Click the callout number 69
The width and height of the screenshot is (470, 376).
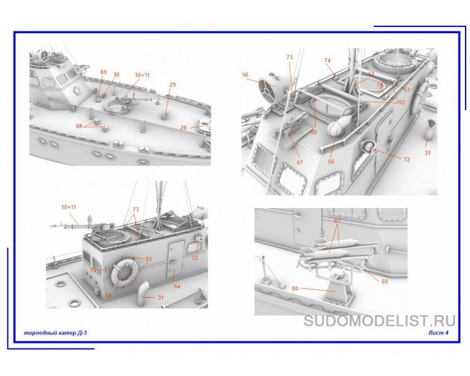click(x=103, y=73)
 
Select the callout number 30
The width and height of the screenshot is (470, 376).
click(x=116, y=75)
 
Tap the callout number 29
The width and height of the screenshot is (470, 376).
click(x=172, y=85)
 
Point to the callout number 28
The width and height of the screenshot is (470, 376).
click(x=184, y=127)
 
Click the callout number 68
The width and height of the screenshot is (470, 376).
click(x=80, y=126)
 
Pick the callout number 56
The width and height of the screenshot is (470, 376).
click(x=246, y=75)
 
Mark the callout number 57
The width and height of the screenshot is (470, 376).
click(x=300, y=162)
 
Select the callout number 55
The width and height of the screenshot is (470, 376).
click(x=332, y=161)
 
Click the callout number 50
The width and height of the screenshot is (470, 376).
click(x=314, y=133)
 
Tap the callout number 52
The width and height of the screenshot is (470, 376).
click(x=402, y=102)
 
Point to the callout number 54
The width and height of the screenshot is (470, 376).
click(x=108, y=295)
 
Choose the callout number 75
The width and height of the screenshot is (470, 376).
click(x=93, y=270)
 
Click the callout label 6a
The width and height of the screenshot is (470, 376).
click(x=177, y=286)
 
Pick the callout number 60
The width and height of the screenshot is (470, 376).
click(x=295, y=288)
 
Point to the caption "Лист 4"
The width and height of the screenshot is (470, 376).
click(x=439, y=333)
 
